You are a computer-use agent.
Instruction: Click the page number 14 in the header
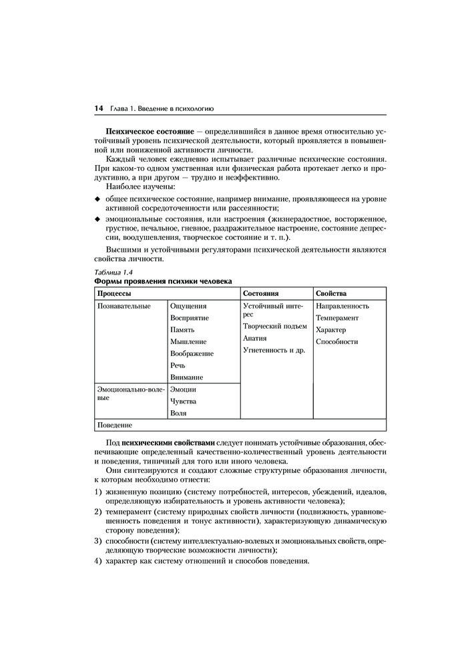tap(98, 108)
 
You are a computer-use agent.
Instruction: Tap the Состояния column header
tap(261, 293)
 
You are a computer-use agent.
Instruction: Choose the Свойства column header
tap(331, 293)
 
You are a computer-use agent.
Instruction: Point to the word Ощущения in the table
tap(189, 306)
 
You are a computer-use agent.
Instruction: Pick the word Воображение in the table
tap(192, 353)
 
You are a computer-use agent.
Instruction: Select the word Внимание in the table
tap(188, 377)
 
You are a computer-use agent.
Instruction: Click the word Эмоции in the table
tap(184, 389)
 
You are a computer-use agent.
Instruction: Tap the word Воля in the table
tap(178, 413)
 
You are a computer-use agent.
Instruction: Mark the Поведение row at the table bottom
tap(115, 425)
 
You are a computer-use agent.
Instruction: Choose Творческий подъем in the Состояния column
tap(275, 327)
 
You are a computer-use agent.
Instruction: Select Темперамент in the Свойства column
tap(337, 318)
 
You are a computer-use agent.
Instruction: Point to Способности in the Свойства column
tap(337, 342)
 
